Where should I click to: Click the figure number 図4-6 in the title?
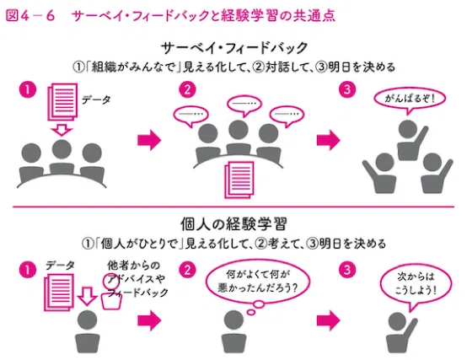pyautogui.click(x=30, y=16)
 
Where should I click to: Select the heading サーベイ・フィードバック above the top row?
pyautogui.click(x=234, y=48)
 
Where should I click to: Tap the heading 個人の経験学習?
pyautogui.click(x=233, y=224)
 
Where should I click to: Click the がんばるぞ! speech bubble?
pyautogui.click(x=410, y=100)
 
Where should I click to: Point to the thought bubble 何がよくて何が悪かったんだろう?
pyautogui.click(x=258, y=283)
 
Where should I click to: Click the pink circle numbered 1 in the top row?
pyautogui.click(x=28, y=89)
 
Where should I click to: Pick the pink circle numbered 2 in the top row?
pyautogui.click(x=187, y=89)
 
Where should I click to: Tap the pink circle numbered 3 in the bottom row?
pyautogui.click(x=347, y=270)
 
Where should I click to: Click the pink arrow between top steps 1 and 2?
pyautogui.click(x=149, y=140)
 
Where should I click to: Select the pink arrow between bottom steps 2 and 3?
pyautogui.click(x=329, y=321)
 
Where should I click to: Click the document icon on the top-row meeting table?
pyautogui.click(x=239, y=180)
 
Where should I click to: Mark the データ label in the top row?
pyautogui.click(x=96, y=99)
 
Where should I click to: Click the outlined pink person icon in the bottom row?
pyautogui.click(x=111, y=292)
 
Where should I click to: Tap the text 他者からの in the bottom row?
pyautogui.click(x=134, y=266)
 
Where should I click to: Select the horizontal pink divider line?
pyautogui.click(x=233, y=207)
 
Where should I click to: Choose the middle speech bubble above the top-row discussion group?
pyautogui.click(x=244, y=105)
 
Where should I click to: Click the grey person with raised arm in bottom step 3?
pyautogui.click(x=400, y=334)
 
